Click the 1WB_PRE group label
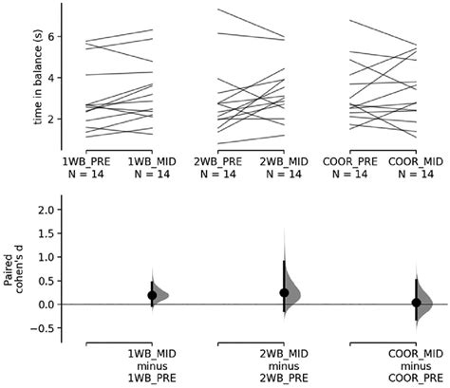(x=87, y=163)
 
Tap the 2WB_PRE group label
(x=219, y=163)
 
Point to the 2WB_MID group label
(x=284, y=163)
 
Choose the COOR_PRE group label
(x=349, y=163)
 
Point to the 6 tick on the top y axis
(x=53, y=36)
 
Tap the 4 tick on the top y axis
(x=53, y=78)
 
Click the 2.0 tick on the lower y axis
(x=46, y=211)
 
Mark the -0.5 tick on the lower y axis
(x=44, y=327)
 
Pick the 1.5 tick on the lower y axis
(x=46, y=234)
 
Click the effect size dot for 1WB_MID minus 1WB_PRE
(x=152, y=295)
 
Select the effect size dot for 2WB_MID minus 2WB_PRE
(x=284, y=292)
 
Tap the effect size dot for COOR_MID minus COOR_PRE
(x=415, y=303)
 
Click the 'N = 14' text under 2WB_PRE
(x=219, y=176)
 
